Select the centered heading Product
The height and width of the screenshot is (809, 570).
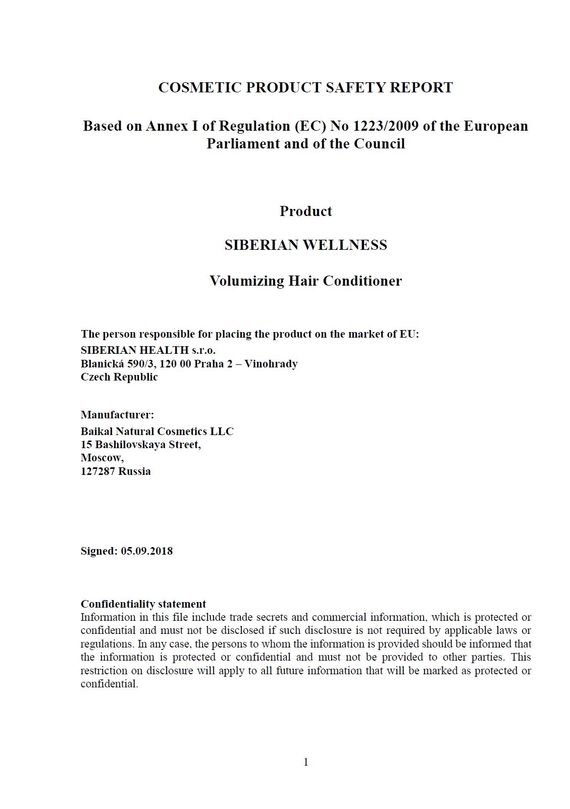[x=305, y=211]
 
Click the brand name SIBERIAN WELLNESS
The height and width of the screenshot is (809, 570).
[x=305, y=245]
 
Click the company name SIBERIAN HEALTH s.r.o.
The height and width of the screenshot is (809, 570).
[x=148, y=350]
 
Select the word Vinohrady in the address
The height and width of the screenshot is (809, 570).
[x=271, y=364]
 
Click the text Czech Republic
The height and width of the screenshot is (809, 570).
[x=119, y=377]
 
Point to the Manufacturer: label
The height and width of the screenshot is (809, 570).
[x=117, y=415]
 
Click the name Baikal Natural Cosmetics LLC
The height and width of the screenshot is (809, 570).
[x=157, y=432]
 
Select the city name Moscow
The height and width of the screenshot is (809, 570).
[x=101, y=458]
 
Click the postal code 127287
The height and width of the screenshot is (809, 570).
[x=97, y=471]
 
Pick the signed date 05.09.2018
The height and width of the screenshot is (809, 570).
[x=146, y=551]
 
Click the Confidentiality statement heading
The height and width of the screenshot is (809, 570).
[x=143, y=604]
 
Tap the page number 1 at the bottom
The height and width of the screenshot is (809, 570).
[x=305, y=762]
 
